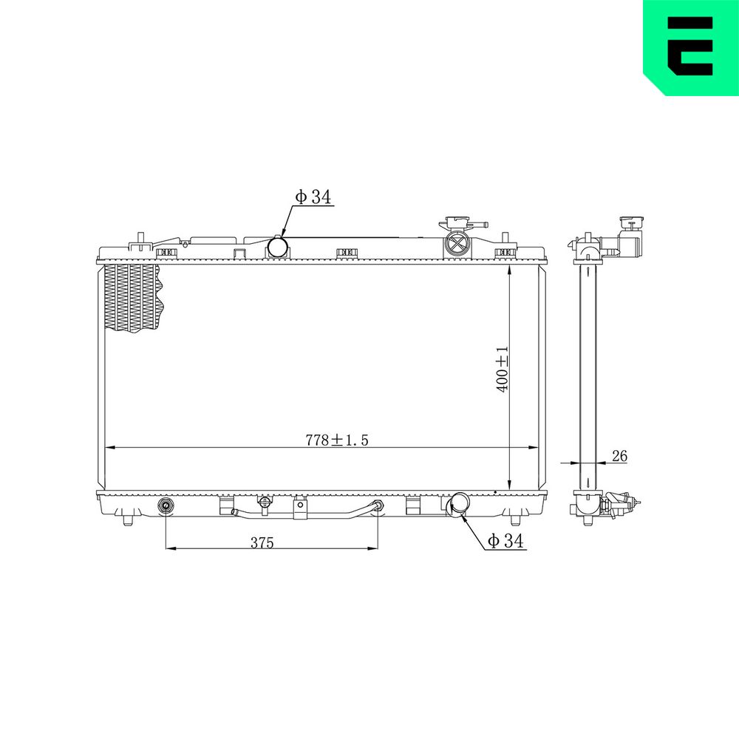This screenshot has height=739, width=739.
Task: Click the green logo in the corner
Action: (691, 47)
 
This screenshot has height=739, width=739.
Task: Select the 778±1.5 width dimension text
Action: (336, 440)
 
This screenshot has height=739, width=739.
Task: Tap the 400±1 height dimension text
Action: (503, 369)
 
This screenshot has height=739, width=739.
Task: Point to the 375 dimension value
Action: (262, 543)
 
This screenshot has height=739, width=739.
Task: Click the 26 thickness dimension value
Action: (619, 456)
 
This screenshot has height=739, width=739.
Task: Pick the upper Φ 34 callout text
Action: (313, 197)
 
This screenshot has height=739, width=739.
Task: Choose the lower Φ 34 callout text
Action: (505, 541)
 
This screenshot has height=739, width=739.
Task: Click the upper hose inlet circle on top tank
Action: (279, 247)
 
